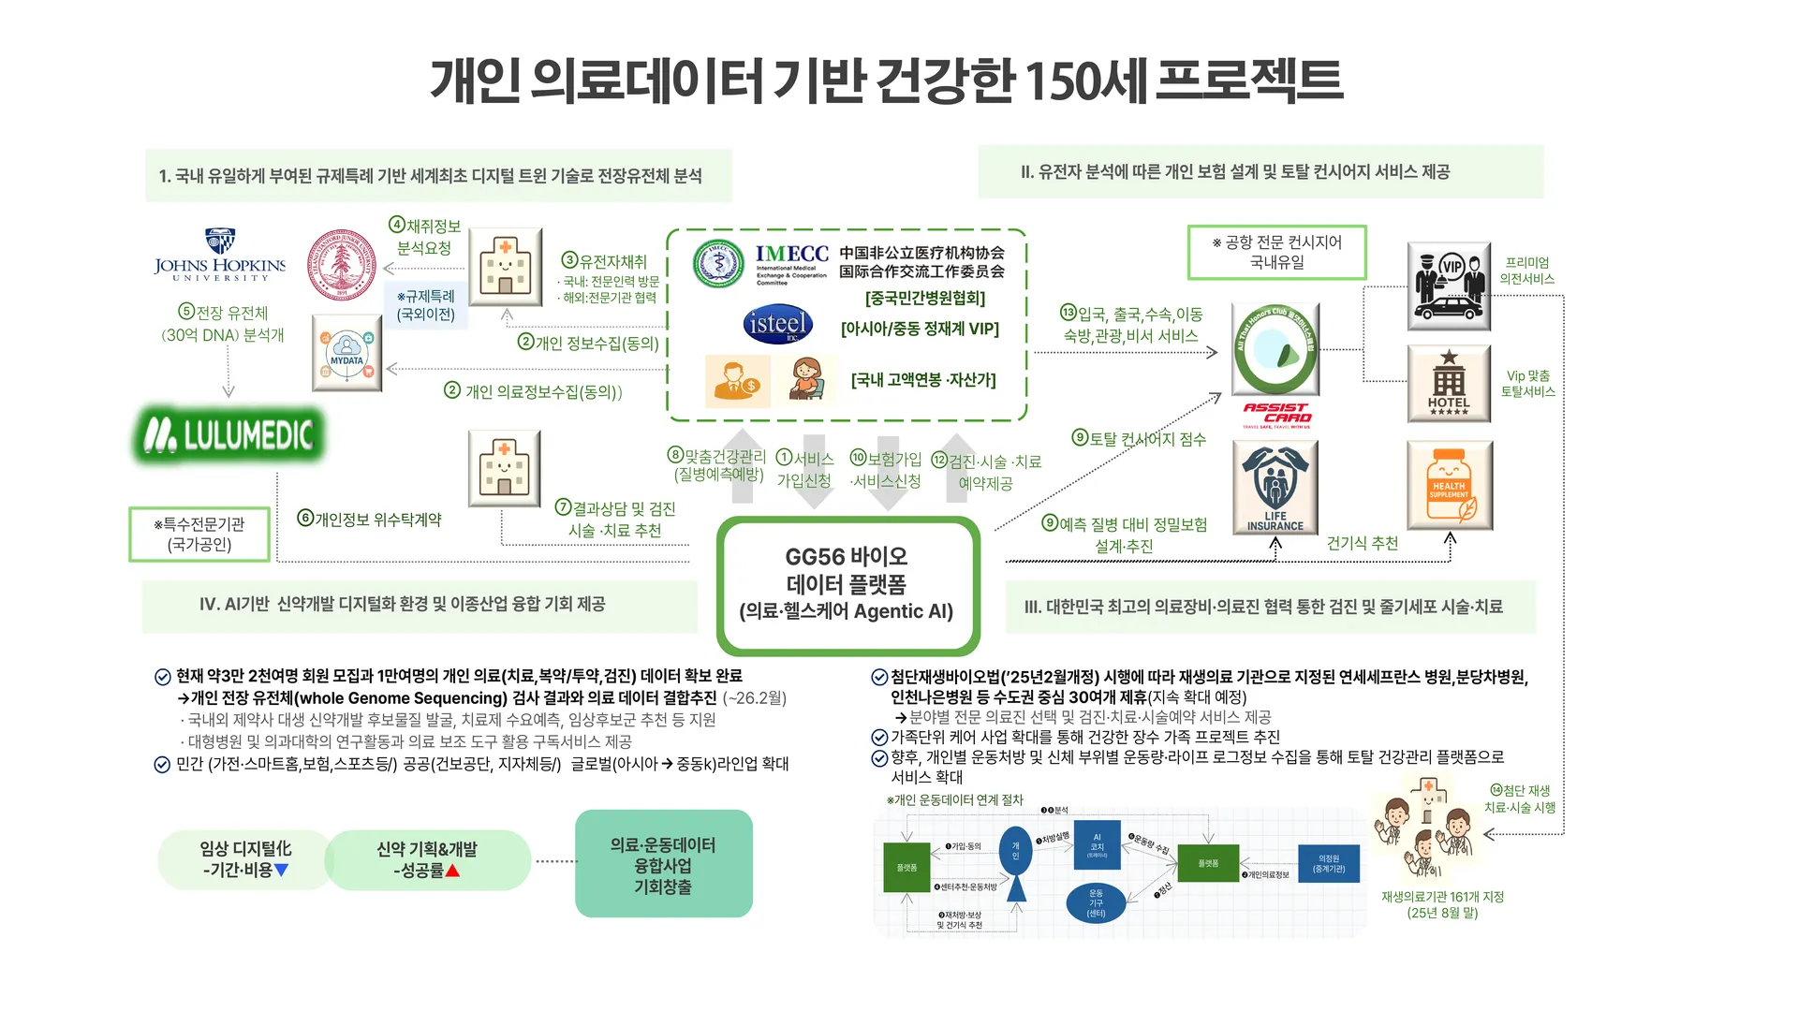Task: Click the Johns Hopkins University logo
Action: tap(220, 255)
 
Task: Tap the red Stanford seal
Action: tap(342, 265)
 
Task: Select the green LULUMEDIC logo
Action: tap(230, 435)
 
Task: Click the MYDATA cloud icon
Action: tap(346, 354)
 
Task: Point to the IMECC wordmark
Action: tap(792, 255)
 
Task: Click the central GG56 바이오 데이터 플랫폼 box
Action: tap(847, 584)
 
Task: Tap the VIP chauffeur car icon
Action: tap(1449, 286)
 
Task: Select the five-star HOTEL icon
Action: tap(1449, 383)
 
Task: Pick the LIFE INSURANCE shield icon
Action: tap(1275, 487)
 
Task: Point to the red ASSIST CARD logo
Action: tap(1277, 413)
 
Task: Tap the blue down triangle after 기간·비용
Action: tap(281, 871)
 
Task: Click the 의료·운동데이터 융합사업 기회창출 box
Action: tap(663, 864)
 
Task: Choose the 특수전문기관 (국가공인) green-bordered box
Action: tap(199, 535)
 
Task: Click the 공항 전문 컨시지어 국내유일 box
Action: tap(1276, 252)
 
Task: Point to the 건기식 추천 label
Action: tap(1362, 543)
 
